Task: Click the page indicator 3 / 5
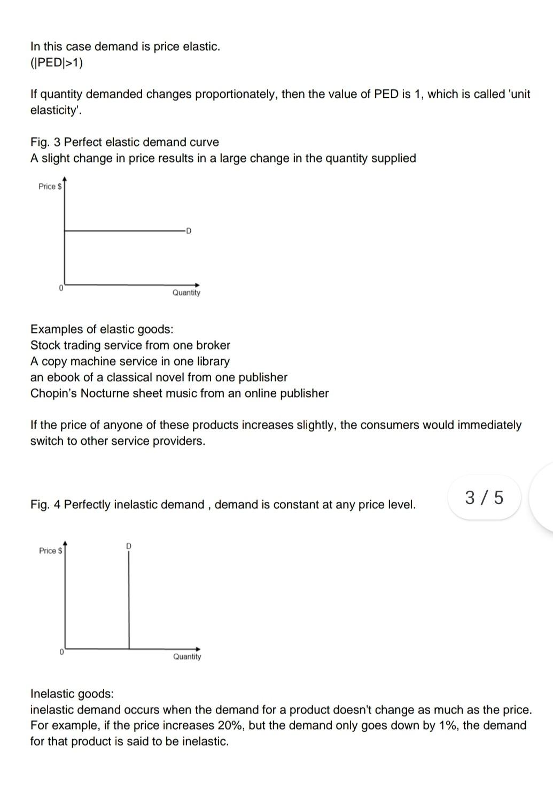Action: [x=484, y=498]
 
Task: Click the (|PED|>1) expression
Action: [x=57, y=63]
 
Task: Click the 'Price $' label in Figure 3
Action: [x=50, y=187]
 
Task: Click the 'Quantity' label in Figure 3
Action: [x=186, y=293]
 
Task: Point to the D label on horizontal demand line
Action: [x=189, y=231]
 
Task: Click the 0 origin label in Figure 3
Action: [x=61, y=288]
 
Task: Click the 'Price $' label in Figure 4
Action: [x=50, y=551]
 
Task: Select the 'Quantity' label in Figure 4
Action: [x=187, y=657]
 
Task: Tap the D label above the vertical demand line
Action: [x=129, y=546]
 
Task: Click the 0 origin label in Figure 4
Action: [x=61, y=653]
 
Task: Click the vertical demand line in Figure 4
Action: [x=129, y=599]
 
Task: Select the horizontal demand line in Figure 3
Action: [x=123, y=231]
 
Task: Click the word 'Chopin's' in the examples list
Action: [x=53, y=393]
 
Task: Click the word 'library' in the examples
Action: [x=212, y=361]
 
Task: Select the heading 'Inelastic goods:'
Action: [x=72, y=694]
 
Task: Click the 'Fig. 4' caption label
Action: [x=45, y=505]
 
